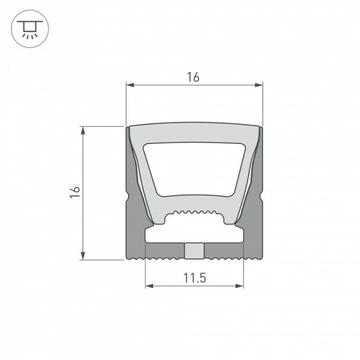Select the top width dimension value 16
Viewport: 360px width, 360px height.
tap(193, 77)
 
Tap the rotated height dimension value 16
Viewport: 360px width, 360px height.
tap(75, 192)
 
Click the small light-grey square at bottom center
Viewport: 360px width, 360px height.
tap(195, 250)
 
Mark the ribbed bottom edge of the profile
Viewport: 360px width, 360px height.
tap(194, 259)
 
